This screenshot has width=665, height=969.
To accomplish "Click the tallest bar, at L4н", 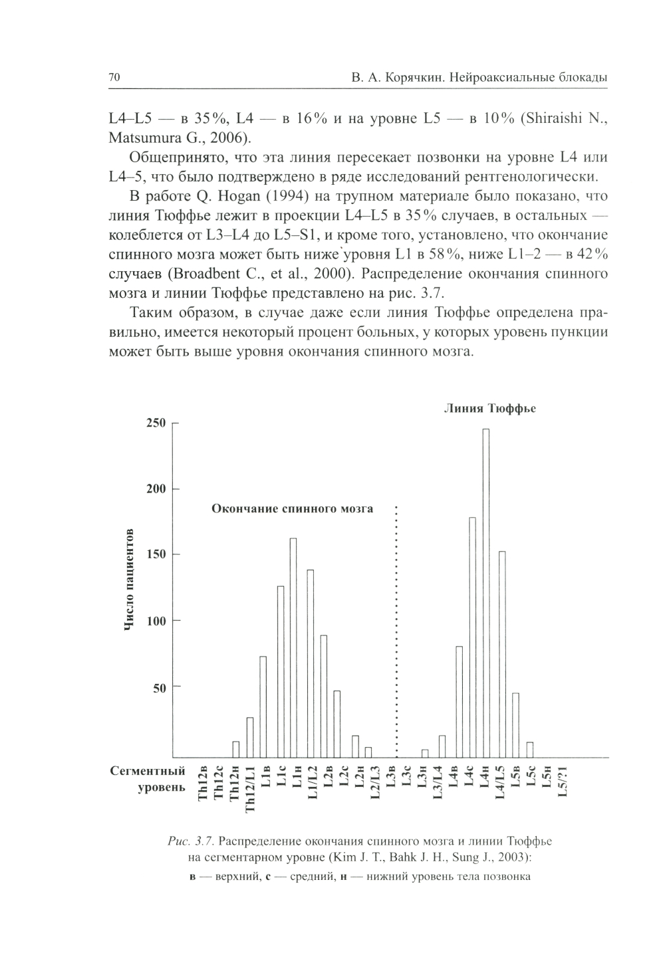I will (x=486, y=593).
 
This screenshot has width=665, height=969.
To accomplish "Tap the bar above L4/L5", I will (x=502, y=654).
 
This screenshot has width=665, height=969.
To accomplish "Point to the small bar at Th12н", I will (x=236, y=749).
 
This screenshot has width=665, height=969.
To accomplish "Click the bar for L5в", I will (x=516, y=724).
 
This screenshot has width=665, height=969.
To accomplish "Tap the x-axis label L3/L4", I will (x=438, y=784).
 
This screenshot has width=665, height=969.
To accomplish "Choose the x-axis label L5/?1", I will (x=563, y=784).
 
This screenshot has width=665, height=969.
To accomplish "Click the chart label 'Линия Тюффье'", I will (x=489, y=409).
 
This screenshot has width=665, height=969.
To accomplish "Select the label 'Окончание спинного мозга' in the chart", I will (x=292, y=509).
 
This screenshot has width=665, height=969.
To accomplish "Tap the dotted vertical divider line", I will (x=396, y=631).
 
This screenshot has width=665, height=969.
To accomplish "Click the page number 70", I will (x=114, y=78).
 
